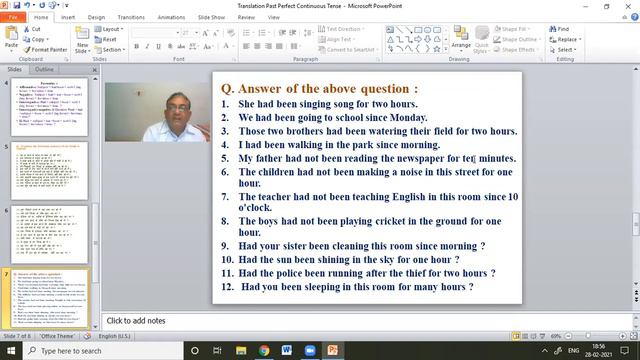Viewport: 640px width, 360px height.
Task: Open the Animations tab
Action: tap(171, 17)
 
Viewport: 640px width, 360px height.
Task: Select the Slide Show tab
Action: tap(210, 17)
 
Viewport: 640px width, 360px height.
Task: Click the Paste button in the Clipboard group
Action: tap(11, 40)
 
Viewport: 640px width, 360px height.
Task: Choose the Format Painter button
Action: tap(48, 49)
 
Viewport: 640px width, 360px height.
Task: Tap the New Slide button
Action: tap(83, 41)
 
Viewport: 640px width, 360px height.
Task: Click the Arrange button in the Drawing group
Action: tap(460, 39)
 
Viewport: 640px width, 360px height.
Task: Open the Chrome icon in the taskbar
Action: tap(264, 351)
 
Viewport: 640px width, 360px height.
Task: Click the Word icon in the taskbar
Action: tap(287, 351)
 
